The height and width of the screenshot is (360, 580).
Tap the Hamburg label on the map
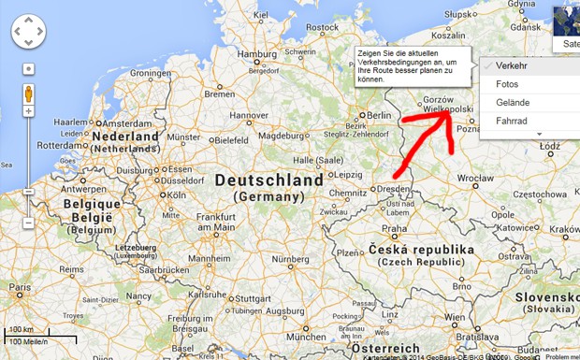tap(258, 54)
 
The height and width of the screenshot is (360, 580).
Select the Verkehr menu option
tap(512, 65)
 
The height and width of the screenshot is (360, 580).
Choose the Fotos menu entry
tap(507, 84)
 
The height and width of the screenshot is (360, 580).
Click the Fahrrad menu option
tap(511, 121)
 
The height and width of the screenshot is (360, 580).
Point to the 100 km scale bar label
tap(21, 329)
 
